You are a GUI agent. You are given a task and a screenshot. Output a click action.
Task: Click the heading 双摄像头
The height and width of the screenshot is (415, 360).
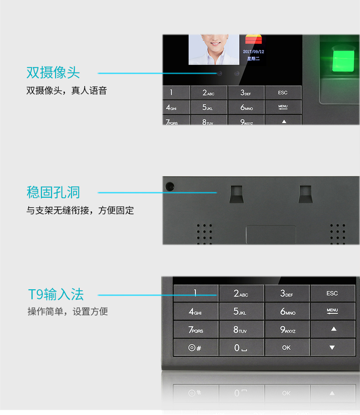coord(53,72)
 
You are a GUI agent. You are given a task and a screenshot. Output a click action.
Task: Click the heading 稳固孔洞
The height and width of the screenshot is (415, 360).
coord(53,192)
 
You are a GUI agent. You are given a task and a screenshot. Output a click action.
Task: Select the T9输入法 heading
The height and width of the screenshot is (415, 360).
coord(56,294)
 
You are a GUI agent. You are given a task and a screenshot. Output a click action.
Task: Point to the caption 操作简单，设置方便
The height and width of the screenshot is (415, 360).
coord(68,312)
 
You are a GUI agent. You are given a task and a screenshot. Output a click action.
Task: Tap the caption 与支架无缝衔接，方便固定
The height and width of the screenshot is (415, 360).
coord(80,210)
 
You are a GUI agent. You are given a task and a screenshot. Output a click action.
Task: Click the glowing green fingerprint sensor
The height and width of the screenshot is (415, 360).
coord(343,61)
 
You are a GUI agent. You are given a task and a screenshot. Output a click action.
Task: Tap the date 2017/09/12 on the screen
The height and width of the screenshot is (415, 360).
coord(253,51)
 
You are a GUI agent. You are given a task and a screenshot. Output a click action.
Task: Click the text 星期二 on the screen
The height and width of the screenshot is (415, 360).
coord(253,58)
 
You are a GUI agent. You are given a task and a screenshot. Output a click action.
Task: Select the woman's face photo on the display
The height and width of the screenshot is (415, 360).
coord(214,50)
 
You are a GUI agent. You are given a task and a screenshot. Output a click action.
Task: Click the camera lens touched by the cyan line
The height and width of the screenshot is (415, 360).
coord(220,73)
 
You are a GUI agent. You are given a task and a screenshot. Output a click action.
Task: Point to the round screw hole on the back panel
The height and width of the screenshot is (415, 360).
coord(170,187)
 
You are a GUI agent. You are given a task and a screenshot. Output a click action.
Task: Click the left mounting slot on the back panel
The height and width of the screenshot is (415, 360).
coord(237,194)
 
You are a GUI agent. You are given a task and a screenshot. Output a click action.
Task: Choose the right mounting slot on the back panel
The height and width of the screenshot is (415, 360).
coord(305,194)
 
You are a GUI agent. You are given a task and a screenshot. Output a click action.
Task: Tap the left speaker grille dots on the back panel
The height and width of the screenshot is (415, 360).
coord(204,234)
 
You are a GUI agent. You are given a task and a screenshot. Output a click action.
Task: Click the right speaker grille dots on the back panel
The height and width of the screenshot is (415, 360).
coord(338,234)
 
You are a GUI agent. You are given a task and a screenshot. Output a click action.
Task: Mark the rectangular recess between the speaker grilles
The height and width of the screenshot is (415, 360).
coord(271,235)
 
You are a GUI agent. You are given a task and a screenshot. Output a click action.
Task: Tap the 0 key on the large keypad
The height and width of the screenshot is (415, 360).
coord(242,348)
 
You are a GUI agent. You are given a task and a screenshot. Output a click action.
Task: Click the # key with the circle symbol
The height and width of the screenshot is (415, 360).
coord(195,348)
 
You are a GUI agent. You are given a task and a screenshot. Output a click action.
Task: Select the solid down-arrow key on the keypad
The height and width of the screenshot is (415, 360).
coord(333,348)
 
